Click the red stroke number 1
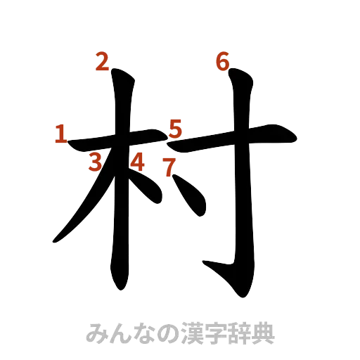[61, 134]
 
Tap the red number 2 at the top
[103, 63]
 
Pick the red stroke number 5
[176, 129]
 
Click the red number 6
[222, 63]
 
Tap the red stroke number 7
[168, 167]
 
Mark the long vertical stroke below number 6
[243, 197]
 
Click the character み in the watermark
[96, 333]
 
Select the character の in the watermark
[163, 333]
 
